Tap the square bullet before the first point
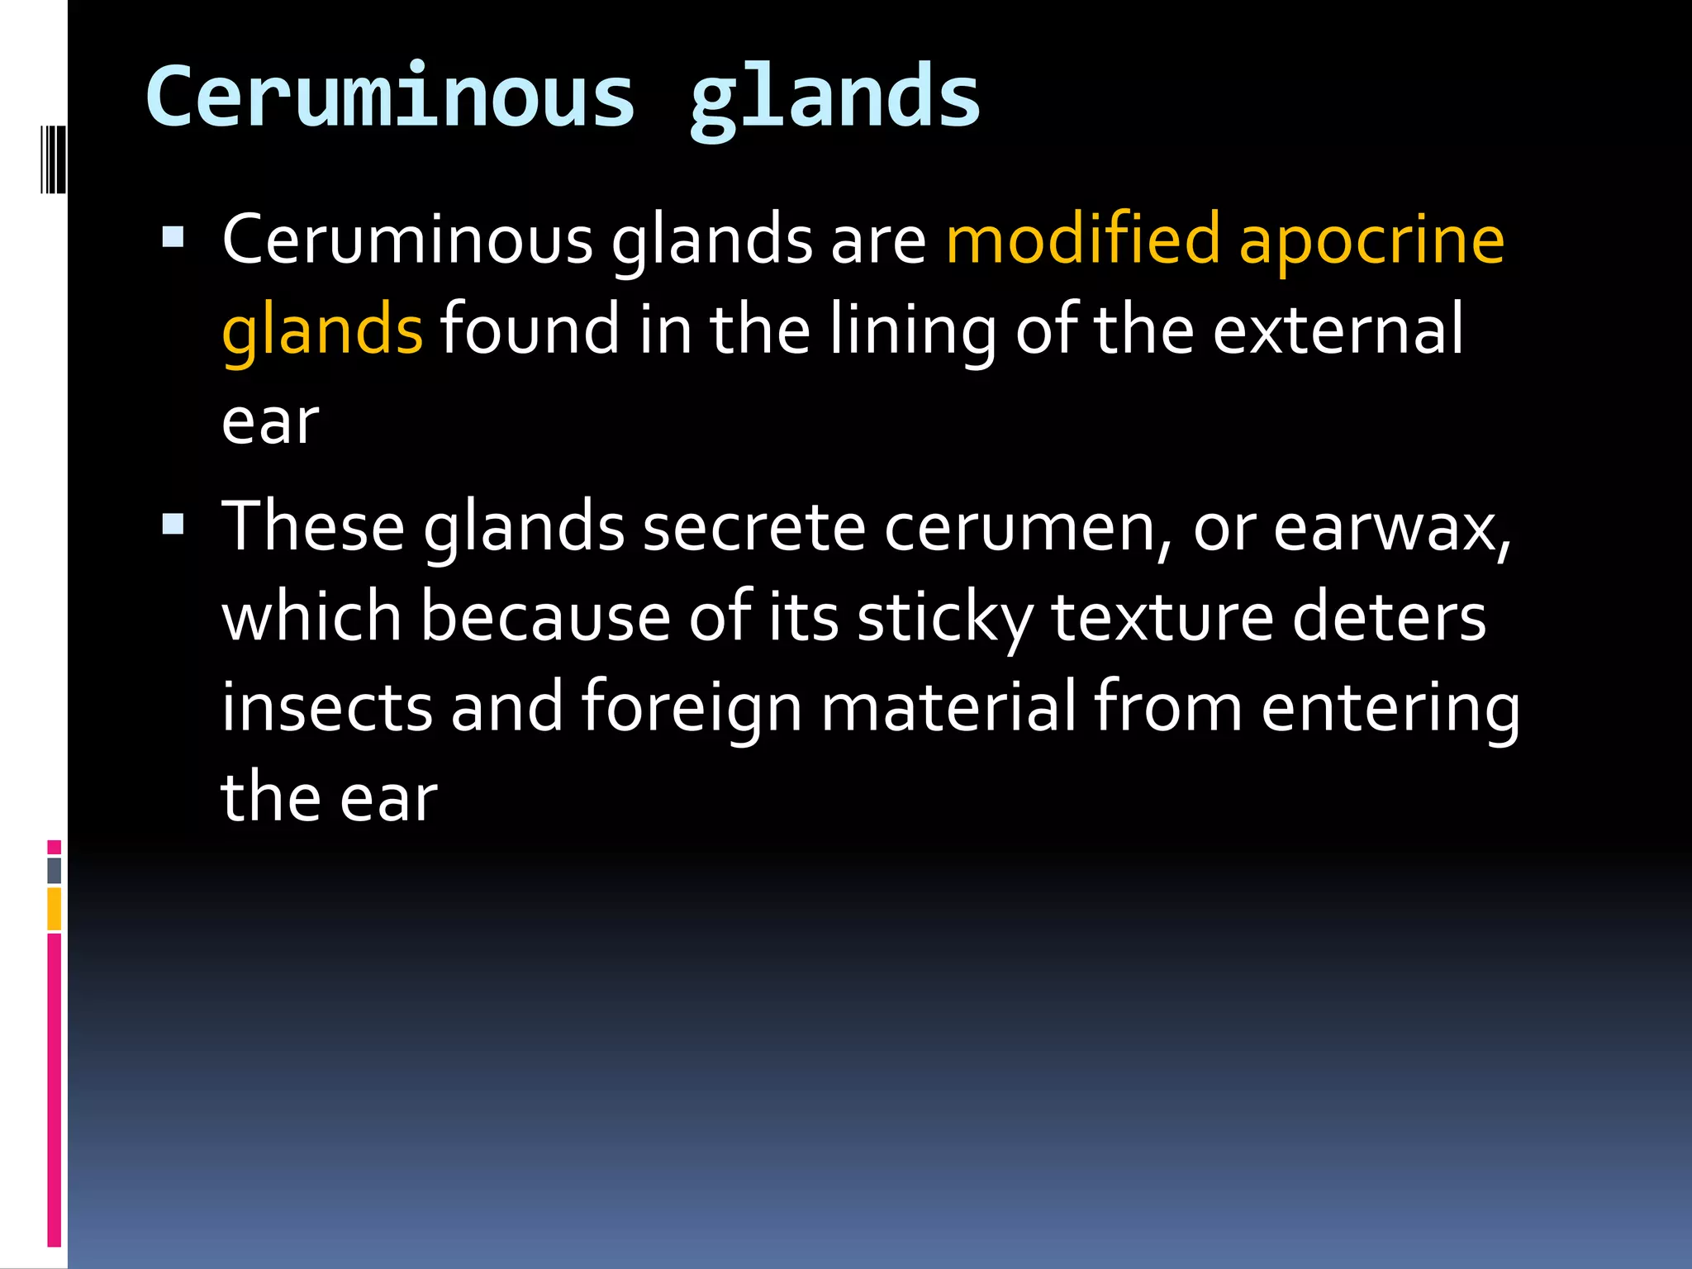click(173, 238)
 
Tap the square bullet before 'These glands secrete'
click(173, 524)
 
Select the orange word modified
click(1083, 240)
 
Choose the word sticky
click(945, 620)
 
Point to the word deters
click(1389, 620)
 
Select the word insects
click(327, 708)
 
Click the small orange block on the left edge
click(55, 908)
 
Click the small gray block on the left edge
click(55, 870)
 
